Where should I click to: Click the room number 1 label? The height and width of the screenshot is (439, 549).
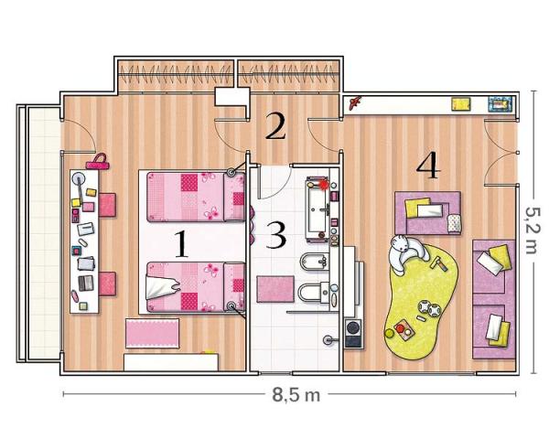click(181, 244)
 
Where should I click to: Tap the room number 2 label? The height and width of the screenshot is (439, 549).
click(275, 126)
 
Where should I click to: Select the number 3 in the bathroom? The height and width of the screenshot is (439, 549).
click(276, 235)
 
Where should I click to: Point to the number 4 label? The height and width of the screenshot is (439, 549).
click(428, 165)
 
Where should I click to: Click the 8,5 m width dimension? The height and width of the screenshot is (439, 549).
click(296, 395)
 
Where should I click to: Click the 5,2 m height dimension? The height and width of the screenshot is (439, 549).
click(533, 230)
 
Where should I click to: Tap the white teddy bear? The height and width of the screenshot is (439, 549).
click(407, 253)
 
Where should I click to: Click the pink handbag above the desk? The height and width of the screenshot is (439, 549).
click(97, 162)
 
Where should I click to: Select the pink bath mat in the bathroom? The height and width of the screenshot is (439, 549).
click(275, 289)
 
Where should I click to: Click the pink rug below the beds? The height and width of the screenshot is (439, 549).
click(152, 333)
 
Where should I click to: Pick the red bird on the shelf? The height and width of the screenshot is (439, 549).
click(355, 102)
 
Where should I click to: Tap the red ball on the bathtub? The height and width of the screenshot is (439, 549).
click(324, 185)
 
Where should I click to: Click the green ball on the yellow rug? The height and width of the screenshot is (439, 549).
click(389, 333)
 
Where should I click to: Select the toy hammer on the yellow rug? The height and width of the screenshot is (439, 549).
click(438, 263)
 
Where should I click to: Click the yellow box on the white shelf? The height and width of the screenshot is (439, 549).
click(461, 104)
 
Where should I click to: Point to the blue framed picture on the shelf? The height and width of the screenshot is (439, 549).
click(501, 104)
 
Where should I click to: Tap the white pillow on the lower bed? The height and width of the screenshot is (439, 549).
click(162, 287)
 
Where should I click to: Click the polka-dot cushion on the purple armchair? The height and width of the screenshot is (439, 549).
click(455, 223)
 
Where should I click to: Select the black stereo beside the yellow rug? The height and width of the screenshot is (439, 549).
click(353, 333)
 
